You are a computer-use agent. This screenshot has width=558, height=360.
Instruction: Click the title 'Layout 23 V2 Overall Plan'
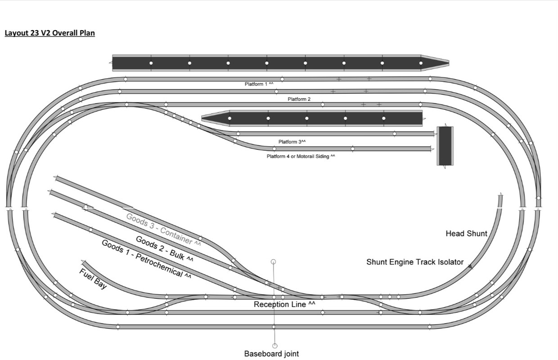[x=49, y=33]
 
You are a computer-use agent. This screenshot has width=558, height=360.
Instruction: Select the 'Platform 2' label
[x=299, y=99]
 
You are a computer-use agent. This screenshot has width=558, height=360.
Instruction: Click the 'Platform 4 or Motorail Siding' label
[x=301, y=157]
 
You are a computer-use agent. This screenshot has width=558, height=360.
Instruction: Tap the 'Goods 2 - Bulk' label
[x=165, y=249]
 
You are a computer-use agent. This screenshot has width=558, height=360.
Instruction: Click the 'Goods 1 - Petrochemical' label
[x=146, y=260]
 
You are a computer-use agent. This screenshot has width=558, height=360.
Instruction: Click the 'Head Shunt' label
[x=466, y=234]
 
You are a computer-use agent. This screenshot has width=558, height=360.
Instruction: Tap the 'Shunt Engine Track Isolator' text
[x=414, y=262]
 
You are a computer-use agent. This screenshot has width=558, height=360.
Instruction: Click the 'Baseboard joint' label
[x=271, y=354]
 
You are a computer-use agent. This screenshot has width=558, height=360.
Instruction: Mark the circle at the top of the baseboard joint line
[x=273, y=261]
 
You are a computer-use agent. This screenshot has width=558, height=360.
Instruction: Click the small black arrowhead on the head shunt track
[x=470, y=266]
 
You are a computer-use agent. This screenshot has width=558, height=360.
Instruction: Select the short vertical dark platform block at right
[x=445, y=146]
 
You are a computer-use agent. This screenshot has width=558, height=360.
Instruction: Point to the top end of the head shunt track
[x=500, y=196]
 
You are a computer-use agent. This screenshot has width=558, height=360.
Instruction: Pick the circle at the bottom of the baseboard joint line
[x=274, y=346]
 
